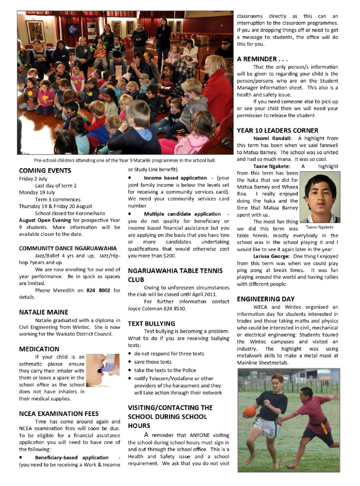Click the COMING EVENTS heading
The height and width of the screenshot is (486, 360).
[x=45, y=171]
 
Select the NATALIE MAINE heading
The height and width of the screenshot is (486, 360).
[x=43, y=312]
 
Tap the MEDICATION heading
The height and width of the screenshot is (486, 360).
[x=39, y=349]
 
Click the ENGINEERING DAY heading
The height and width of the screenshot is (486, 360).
[x=266, y=299]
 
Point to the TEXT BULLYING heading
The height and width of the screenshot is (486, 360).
[x=152, y=323]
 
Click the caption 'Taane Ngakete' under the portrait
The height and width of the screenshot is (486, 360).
[x=320, y=227]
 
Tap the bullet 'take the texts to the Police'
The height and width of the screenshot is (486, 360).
[x=165, y=370]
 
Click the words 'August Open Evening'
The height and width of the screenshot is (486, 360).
[x=43, y=220]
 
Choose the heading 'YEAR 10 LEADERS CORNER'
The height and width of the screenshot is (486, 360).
[x=278, y=130]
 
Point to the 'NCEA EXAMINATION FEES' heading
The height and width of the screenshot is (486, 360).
[x=59, y=414]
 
